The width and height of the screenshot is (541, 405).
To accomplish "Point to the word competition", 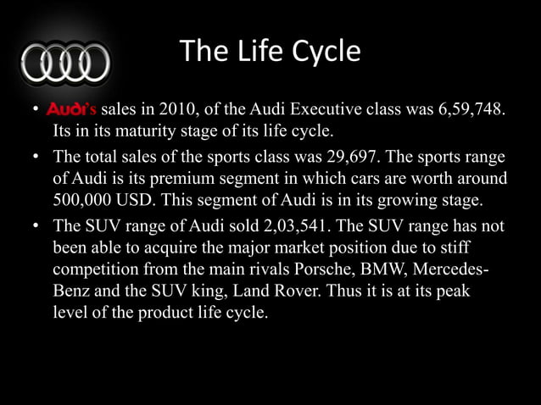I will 94,269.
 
